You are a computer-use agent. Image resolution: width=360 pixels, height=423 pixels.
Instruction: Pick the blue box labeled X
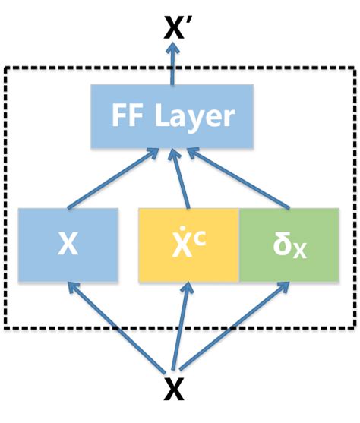[69, 244]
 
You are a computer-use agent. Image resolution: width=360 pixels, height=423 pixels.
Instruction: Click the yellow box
[188, 244]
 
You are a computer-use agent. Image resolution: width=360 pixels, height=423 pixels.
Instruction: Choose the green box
[289, 244]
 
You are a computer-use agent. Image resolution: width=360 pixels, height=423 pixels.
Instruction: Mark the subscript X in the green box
[302, 251]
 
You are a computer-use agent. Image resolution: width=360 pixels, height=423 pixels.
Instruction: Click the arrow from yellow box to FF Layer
[179, 178]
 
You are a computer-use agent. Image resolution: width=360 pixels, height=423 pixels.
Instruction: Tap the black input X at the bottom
[175, 390]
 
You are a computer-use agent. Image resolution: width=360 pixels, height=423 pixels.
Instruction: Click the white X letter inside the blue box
[68, 245]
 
